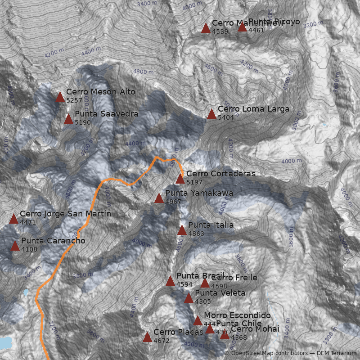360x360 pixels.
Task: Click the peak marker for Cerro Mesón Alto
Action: click(x=60, y=97)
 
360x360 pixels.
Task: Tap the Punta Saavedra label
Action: click(x=106, y=114)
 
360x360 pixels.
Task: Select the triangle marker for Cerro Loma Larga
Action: click(x=211, y=114)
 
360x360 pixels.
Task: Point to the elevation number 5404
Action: click(x=226, y=117)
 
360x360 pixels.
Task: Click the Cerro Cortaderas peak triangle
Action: click(x=180, y=179)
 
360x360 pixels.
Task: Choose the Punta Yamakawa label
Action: click(x=199, y=193)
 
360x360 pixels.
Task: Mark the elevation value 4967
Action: click(x=173, y=202)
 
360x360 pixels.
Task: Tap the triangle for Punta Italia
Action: click(x=182, y=230)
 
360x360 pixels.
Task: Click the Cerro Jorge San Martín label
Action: click(x=65, y=214)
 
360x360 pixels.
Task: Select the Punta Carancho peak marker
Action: click(x=15, y=246)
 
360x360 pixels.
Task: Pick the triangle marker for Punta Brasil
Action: click(x=170, y=281)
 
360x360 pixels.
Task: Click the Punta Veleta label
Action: click(x=220, y=293)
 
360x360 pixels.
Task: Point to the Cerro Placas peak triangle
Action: click(x=147, y=337)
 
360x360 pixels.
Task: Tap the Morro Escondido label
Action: click(x=237, y=315)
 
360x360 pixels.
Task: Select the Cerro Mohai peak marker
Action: click(x=225, y=334)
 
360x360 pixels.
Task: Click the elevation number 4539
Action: click(x=220, y=31)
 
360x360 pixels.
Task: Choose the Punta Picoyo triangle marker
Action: click(x=242, y=27)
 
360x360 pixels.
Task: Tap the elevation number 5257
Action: click(x=74, y=100)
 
